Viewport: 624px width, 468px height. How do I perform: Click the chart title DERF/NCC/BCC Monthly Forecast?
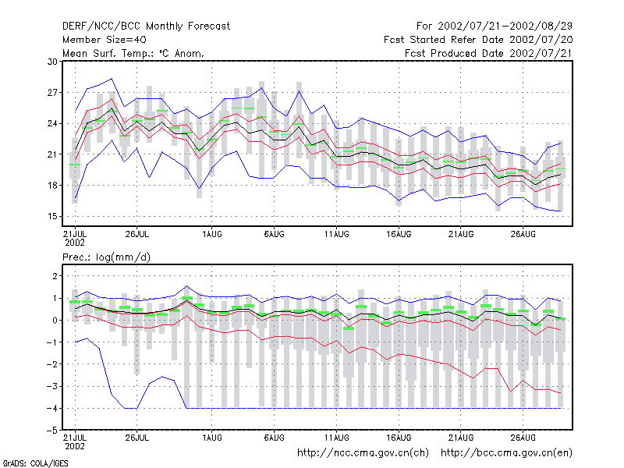point(146,27)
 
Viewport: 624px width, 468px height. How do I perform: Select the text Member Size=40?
point(105,40)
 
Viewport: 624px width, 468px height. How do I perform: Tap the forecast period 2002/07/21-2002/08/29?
point(505,27)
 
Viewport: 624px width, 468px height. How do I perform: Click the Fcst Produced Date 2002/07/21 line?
point(489,53)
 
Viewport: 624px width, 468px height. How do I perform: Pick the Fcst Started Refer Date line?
point(478,40)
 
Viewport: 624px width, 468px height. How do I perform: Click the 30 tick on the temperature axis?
point(52,62)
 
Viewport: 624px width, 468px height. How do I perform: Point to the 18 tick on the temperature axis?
point(52,186)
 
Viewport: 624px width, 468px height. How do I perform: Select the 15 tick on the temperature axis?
point(52,217)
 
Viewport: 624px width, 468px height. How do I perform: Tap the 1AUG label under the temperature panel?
point(211,234)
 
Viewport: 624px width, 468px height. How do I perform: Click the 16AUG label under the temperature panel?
point(399,234)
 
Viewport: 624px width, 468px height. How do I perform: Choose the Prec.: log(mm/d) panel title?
point(106,257)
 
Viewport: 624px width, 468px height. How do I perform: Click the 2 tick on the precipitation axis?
point(55,276)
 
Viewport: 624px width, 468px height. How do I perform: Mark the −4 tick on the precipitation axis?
point(52,409)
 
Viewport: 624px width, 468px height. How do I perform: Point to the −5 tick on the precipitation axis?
point(52,431)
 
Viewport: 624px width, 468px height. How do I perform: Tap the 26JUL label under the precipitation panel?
point(137,438)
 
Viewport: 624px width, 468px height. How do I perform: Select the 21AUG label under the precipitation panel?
point(461,438)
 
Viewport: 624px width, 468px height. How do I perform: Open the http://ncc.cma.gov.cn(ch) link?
point(363,453)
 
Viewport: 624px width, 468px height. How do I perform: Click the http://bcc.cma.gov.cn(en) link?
point(506,453)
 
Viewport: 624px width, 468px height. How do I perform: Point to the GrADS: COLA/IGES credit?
point(36,463)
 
